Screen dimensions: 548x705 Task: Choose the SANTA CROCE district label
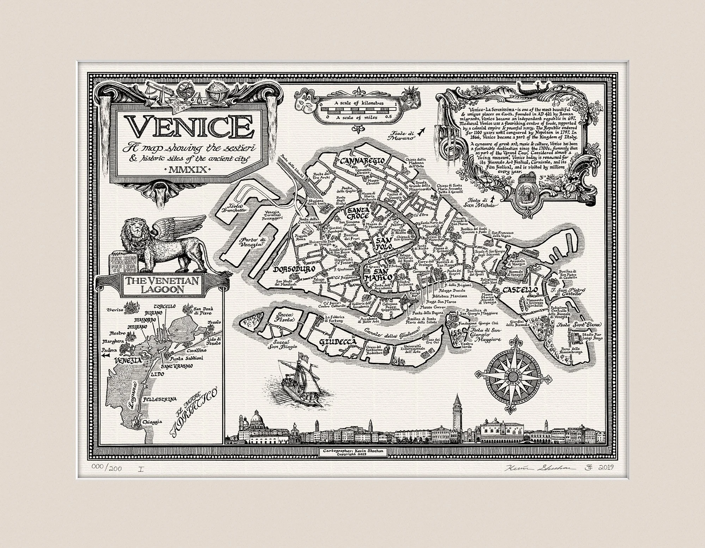point(357,213)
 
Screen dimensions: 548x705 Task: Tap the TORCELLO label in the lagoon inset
point(164,307)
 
